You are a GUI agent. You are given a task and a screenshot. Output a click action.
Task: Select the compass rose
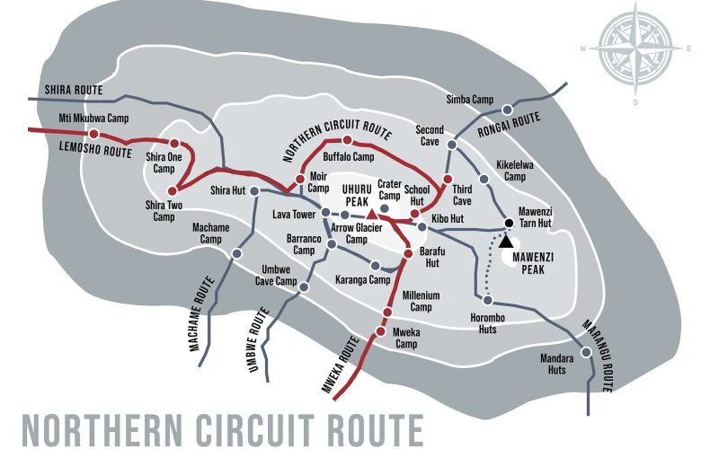tap(636, 48)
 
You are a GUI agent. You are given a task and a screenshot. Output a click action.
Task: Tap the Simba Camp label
tap(469, 99)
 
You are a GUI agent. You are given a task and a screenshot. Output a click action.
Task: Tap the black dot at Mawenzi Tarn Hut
tap(508, 222)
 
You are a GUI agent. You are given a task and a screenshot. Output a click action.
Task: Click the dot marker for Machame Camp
tap(236, 254)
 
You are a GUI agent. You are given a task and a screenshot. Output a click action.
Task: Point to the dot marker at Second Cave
tap(452, 145)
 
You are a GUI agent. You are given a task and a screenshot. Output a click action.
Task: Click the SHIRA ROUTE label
tap(74, 91)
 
